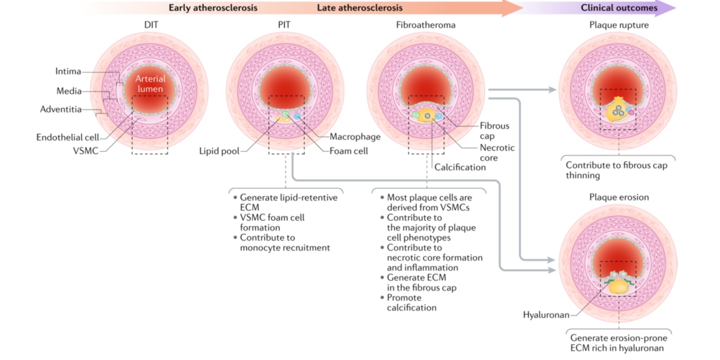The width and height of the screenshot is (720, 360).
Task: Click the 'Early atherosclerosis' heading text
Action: pos(213,8)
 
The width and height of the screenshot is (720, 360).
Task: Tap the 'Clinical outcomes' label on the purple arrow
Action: pos(619,8)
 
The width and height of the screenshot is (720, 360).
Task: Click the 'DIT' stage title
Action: pos(151,25)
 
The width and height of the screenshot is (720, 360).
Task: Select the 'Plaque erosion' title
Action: pos(619,197)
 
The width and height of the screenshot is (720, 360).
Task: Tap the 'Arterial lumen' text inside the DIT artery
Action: pos(149,85)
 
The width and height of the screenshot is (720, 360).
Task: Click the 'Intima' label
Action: pos(68,71)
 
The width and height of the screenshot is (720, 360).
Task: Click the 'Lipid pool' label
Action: pos(219,151)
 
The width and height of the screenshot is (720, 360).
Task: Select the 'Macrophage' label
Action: pos(355,137)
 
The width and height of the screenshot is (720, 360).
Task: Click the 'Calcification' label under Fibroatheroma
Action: pos(460,167)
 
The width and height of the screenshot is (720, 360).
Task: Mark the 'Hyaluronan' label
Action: pos(545,314)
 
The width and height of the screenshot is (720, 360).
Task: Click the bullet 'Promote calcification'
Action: pos(412,302)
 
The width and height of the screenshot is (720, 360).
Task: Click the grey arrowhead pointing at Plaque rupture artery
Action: pos(553,90)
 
